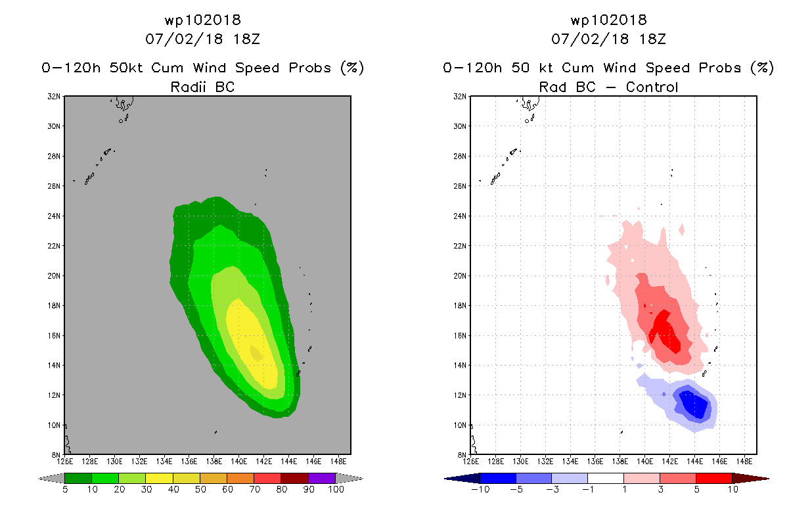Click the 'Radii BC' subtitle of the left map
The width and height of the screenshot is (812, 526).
pyautogui.click(x=202, y=87)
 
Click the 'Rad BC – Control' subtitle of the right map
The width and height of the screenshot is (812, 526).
pyautogui.click(x=608, y=87)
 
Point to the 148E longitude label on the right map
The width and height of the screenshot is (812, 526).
pyautogui.click(x=744, y=460)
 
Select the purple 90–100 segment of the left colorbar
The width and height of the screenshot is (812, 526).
pyautogui.click(x=322, y=478)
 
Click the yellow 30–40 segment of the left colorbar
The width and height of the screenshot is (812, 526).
pyautogui.click(x=159, y=478)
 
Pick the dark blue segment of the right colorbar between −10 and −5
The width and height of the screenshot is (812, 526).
pyautogui.click(x=498, y=478)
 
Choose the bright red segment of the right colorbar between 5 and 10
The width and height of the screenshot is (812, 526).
pyautogui.click(x=713, y=478)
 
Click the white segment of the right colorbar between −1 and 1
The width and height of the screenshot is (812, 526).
pyautogui.click(x=605, y=478)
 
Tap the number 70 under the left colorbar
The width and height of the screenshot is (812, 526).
pyautogui.click(x=254, y=489)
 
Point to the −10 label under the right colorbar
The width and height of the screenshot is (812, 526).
pyautogui.click(x=480, y=489)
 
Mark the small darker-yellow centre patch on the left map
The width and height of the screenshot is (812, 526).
pyautogui.click(x=256, y=353)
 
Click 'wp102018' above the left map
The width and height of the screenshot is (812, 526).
pyautogui.click(x=202, y=20)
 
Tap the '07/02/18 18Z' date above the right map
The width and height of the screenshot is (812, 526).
pyautogui.click(x=608, y=39)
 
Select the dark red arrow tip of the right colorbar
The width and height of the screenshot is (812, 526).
pyautogui.click(x=758, y=478)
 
